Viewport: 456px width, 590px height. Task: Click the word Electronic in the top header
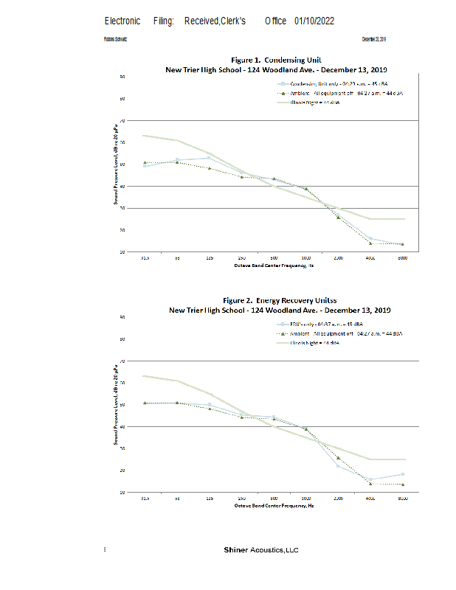(122, 21)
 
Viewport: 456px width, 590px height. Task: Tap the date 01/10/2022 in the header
(314, 21)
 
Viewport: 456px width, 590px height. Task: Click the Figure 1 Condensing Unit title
(276, 60)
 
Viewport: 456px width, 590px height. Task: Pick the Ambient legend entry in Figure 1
(341, 94)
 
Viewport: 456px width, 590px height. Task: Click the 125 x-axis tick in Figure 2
(210, 499)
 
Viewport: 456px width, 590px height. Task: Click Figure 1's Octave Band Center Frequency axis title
(274, 265)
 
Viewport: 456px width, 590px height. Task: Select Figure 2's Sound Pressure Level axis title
(116, 405)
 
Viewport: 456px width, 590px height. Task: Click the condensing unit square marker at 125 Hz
(210, 158)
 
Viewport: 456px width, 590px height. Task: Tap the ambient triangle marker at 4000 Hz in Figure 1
(370, 243)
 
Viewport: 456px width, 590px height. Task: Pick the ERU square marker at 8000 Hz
(402, 474)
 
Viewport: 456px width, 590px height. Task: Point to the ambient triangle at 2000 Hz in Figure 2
(338, 458)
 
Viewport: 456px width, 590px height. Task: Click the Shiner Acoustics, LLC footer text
(261, 550)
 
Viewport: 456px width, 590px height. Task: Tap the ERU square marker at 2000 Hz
(338, 465)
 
